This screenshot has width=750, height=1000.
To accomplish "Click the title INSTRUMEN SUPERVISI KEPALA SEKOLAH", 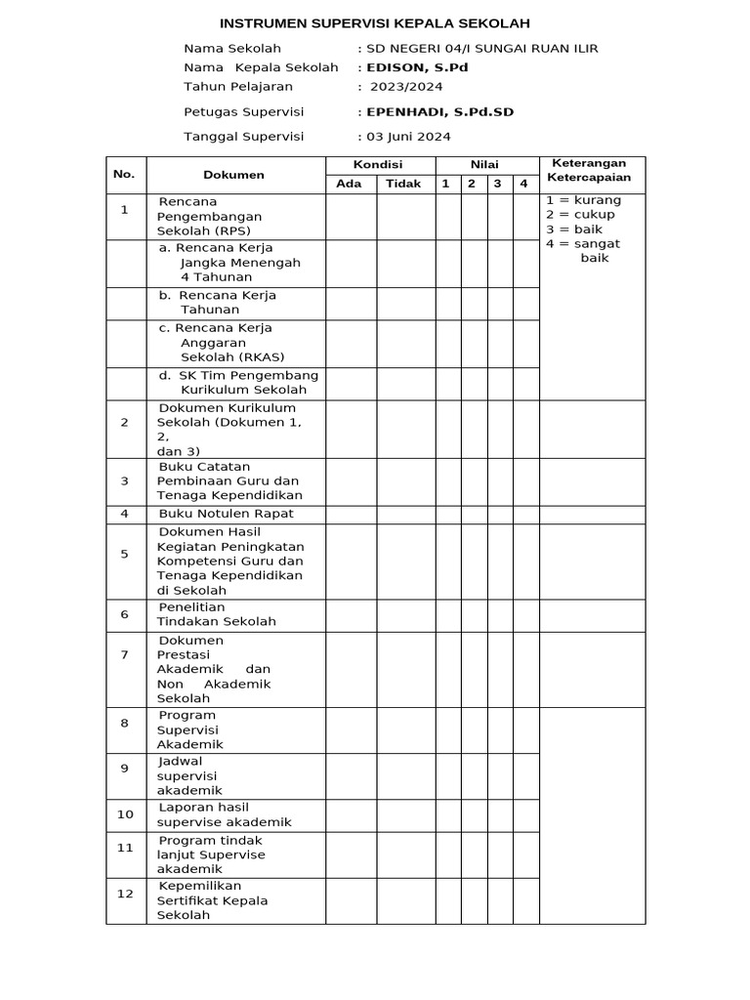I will click(375, 23).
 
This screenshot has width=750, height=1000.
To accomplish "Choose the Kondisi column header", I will click(378, 165).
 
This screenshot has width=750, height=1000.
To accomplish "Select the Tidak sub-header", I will click(403, 184).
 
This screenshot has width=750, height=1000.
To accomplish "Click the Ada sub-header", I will click(349, 184).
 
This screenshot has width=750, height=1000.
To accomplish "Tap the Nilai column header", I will click(485, 165).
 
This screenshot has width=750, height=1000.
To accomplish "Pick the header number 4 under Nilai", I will click(523, 184).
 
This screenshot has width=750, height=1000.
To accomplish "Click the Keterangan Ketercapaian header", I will click(589, 170).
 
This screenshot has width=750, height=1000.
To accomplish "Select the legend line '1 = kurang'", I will click(583, 200).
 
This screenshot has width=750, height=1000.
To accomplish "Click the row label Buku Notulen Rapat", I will click(226, 514).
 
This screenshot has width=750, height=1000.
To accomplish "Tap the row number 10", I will click(125, 814).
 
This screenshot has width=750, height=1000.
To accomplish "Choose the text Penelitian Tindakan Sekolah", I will click(216, 614).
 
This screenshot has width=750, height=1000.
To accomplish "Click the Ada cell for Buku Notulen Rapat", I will click(351, 514).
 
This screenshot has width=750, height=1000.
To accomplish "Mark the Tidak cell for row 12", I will click(405, 900).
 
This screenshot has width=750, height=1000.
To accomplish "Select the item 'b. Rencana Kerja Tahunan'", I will click(218, 303).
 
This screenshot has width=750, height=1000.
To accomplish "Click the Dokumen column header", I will click(234, 175).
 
